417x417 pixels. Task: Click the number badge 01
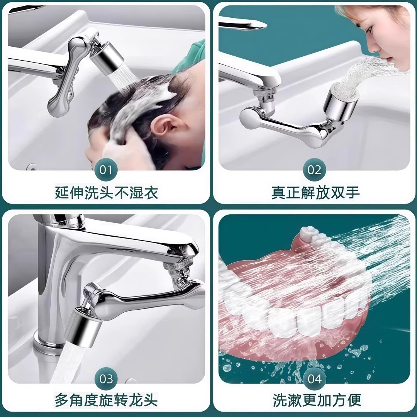click(x=106, y=170)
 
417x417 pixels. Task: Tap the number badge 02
click(x=314, y=170)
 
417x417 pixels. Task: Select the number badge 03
click(x=106, y=379)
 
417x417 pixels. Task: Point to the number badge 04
click(x=315, y=379)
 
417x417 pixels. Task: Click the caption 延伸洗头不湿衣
click(x=106, y=192)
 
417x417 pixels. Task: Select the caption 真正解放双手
click(x=315, y=192)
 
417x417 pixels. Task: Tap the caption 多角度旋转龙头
click(x=106, y=400)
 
